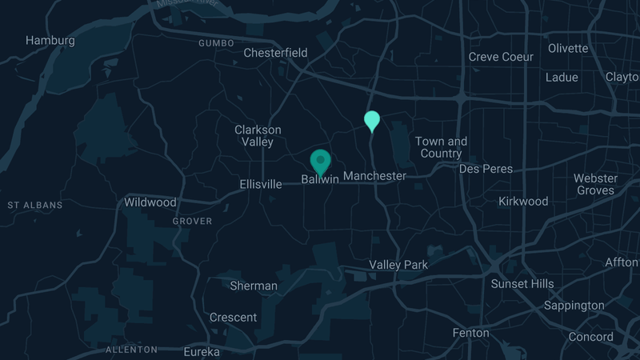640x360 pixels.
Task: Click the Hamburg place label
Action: [50, 40]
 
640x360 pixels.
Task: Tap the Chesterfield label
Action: [275, 53]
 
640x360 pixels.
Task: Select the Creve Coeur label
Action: [501, 57]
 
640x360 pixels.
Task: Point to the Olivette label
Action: [568, 48]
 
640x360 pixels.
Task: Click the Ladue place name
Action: [562, 78]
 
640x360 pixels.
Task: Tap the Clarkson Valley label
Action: [258, 136]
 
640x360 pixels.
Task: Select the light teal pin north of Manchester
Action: [372, 121]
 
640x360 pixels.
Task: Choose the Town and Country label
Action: [441, 147]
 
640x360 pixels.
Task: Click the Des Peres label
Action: [485, 169]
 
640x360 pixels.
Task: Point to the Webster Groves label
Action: [596, 184]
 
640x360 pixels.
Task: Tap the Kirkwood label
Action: [523, 201]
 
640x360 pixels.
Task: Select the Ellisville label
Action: [261, 184]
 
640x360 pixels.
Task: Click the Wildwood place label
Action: [150, 202]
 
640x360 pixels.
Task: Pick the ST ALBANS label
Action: [34, 206]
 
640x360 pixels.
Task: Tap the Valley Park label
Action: [398, 265]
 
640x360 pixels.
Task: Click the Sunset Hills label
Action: [522, 284]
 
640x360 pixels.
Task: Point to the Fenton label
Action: [470, 333]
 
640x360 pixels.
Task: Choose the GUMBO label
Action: [216, 43]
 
